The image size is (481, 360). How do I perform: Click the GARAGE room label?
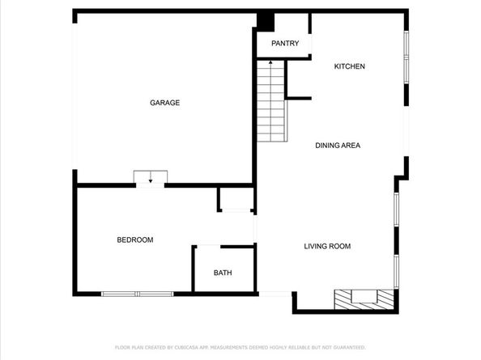point(164,103)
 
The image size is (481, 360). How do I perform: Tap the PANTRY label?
point(285,44)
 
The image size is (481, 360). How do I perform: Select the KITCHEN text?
point(350,66)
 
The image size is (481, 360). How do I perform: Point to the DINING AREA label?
point(338,146)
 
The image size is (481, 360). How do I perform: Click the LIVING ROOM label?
point(327,246)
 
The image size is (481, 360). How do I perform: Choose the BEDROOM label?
point(135,239)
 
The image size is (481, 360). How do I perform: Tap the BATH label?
point(223,273)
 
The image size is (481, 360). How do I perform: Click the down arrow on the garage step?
point(150,181)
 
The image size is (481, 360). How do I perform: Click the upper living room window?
point(396,210)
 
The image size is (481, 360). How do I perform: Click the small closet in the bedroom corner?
point(236,199)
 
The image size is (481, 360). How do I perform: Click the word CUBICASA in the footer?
point(185,347)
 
